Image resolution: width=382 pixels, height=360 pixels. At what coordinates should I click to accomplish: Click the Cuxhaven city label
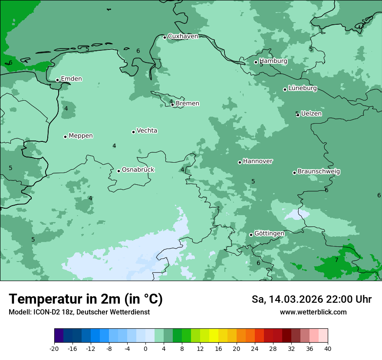click(x=183, y=36)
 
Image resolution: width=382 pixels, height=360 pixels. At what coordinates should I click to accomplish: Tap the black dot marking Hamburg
click(x=256, y=62)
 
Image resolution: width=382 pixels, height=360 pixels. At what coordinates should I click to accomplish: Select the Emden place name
click(x=71, y=79)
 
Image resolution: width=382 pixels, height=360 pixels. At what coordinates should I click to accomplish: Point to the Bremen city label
click(x=188, y=104)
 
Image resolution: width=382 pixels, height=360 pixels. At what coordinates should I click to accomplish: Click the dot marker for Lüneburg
click(x=285, y=89)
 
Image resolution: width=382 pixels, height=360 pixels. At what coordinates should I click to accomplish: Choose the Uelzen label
click(x=311, y=114)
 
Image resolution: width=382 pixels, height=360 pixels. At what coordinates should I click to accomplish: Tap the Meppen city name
click(x=81, y=136)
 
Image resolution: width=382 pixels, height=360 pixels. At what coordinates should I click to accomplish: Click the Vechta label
click(x=147, y=131)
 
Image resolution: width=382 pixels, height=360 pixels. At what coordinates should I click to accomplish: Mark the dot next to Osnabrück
click(x=119, y=171)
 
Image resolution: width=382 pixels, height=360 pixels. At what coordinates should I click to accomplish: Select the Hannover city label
click(x=258, y=161)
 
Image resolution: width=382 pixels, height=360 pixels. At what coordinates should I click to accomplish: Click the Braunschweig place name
click(x=319, y=172)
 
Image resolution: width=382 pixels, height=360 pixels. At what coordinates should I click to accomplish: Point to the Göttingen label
click(x=269, y=234)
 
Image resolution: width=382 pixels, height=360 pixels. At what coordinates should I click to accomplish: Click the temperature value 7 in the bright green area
click(x=336, y=260)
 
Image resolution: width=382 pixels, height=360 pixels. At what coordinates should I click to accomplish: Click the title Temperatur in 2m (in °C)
click(x=86, y=299)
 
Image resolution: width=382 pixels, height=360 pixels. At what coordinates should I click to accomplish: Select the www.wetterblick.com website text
click(x=313, y=312)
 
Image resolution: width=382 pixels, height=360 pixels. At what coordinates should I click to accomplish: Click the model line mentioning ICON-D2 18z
click(x=79, y=312)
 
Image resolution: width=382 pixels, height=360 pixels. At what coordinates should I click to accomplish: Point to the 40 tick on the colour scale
click(x=327, y=349)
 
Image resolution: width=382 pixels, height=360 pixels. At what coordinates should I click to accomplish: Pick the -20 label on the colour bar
click(x=54, y=349)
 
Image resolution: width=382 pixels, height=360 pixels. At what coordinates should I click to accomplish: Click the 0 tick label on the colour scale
click(x=145, y=349)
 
